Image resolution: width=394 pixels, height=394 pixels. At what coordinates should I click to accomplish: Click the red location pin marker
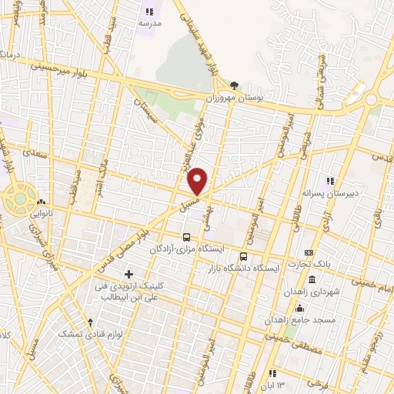click(x=198, y=181)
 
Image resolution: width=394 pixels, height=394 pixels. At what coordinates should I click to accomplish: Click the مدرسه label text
click(x=149, y=24)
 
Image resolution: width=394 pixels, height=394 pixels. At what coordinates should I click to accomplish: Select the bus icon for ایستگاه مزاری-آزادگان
click(x=186, y=237)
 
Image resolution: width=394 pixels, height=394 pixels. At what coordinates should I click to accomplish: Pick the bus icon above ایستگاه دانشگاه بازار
click(x=244, y=256)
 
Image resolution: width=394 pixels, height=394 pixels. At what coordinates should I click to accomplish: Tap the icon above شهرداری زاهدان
click(x=312, y=279)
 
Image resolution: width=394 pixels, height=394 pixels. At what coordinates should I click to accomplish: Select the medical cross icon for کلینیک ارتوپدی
click(x=129, y=274)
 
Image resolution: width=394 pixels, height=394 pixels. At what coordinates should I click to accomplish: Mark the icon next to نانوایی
click(x=41, y=203)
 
